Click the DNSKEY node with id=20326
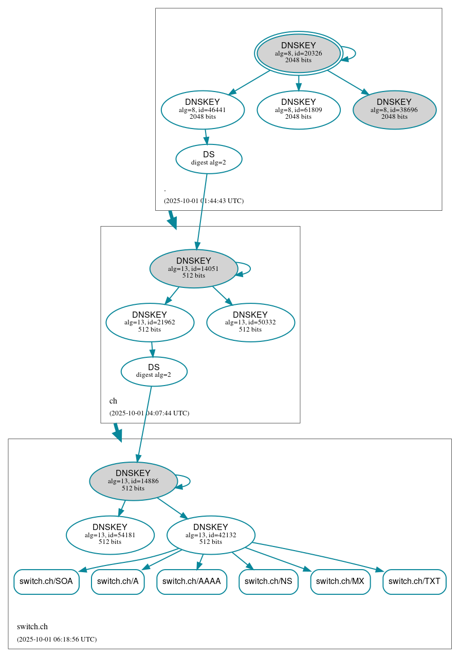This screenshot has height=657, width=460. point(298,53)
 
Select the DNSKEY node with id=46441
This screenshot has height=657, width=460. point(203,109)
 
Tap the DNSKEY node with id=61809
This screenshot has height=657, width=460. point(298,109)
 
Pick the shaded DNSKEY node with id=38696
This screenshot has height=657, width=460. point(394,109)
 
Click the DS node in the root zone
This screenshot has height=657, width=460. point(209,159)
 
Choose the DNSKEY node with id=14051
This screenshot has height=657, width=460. point(193,268)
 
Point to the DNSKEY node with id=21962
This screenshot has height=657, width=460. point(150,322)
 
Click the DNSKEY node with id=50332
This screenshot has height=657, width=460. point(250,322)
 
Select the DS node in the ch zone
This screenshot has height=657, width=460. point(154,371)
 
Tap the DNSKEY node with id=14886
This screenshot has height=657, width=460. point(133,481)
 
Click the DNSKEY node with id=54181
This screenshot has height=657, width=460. point(110,535)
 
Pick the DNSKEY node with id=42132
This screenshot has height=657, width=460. point(211,535)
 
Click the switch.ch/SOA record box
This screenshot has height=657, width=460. point(46,581)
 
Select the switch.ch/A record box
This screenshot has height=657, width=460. point(118,581)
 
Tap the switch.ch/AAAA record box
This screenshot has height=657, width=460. point(191,581)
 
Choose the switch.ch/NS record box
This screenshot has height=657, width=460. point(268,581)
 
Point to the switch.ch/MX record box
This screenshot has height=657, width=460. point(340,581)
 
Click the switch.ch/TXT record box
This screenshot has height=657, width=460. point(414,581)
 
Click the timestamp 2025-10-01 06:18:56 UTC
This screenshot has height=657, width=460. point(57,640)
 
